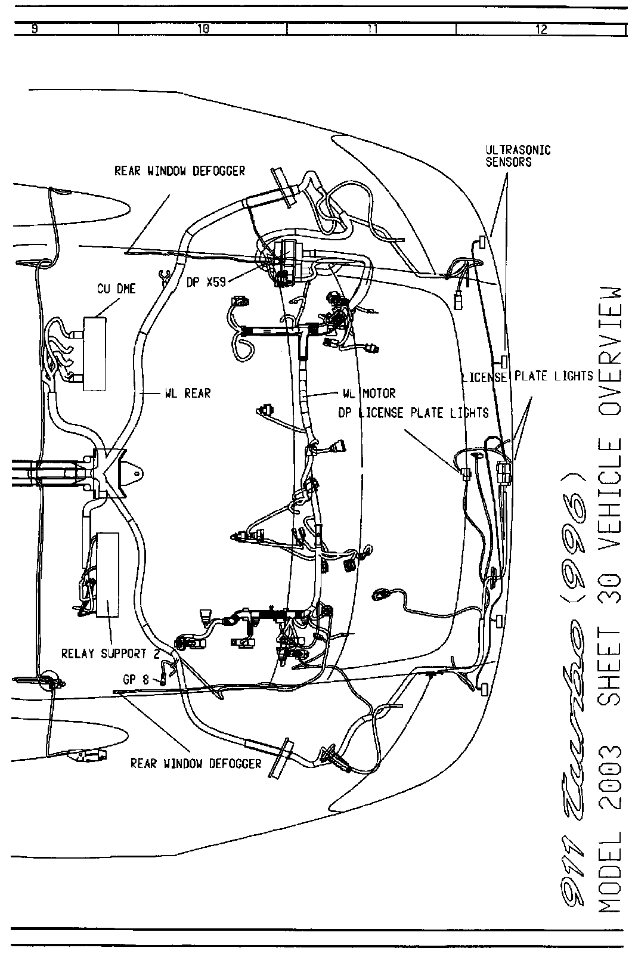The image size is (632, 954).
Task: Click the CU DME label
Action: (x=116, y=289)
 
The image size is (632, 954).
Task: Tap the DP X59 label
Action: (x=206, y=283)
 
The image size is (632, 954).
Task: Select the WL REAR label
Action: (x=188, y=394)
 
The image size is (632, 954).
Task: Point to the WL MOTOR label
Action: (x=369, y=394)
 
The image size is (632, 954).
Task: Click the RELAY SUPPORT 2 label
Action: (x=111, y=654)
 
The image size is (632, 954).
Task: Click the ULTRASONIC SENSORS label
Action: (x=517, y=156)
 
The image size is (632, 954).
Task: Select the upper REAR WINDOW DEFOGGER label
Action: (x=179, y=172)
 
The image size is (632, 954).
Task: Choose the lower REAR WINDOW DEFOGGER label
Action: (x=196, y=764)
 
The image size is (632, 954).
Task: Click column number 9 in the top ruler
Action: (x=35, y=28)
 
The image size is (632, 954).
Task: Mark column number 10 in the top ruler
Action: (x=203, y=28)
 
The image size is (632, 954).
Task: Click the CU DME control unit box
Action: (x=95, y=353)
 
